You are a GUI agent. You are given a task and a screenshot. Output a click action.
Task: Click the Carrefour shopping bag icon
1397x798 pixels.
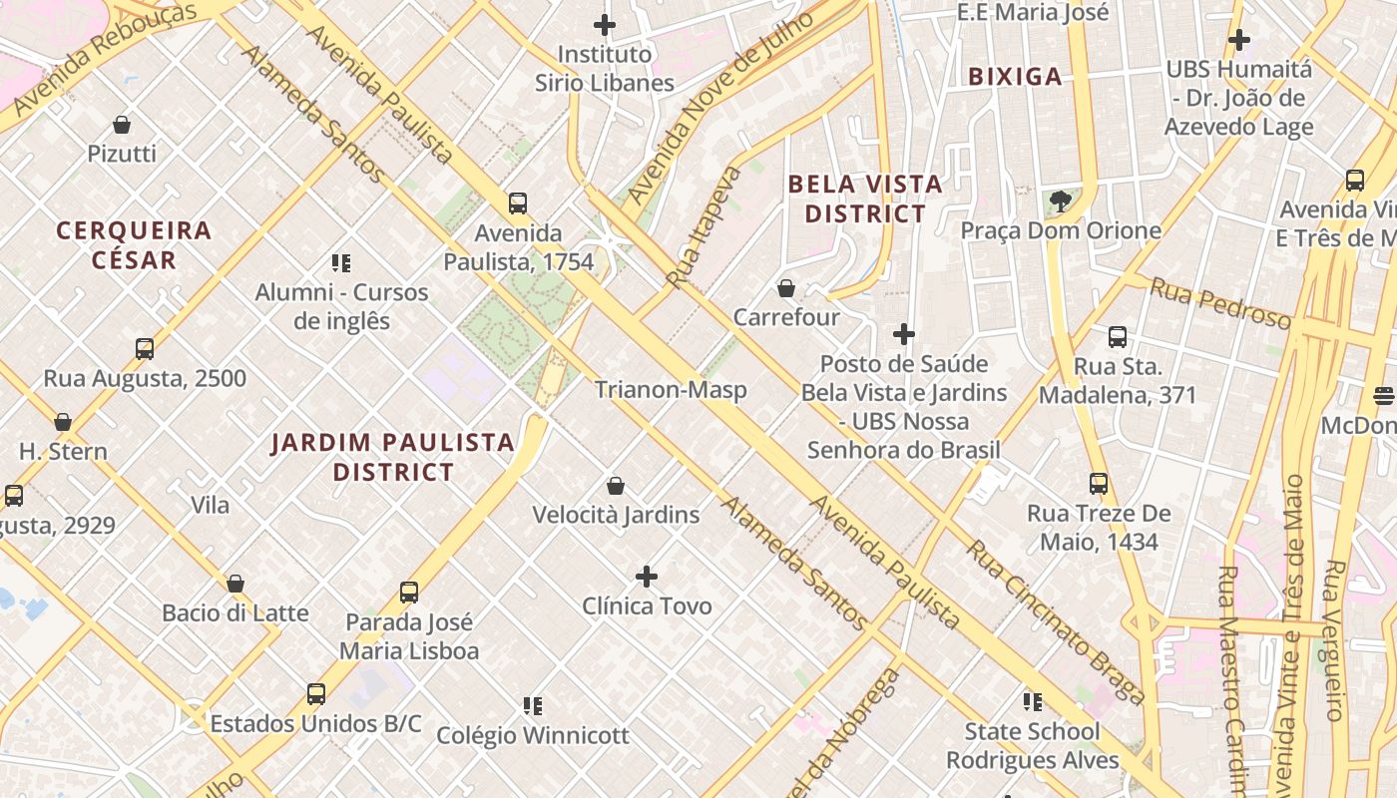coord(786,288)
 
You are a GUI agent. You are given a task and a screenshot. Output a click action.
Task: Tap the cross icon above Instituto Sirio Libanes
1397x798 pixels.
coord(605,25)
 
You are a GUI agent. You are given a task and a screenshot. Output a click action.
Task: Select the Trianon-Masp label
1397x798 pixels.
coord(671,389)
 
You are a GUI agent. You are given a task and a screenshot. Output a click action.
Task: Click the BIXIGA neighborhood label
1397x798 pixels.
coord(1015,77)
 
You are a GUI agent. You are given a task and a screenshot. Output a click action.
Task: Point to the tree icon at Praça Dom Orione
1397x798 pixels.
coord(1061,202)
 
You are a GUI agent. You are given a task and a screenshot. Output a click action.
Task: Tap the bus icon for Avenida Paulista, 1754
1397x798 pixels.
coord(518,203)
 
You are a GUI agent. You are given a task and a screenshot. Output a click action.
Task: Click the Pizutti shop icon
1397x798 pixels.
coord(122,125)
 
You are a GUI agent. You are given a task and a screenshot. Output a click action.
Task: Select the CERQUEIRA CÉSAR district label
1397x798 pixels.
coord(134,245)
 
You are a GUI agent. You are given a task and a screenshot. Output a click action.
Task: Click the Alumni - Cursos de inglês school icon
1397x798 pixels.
coord(341,263)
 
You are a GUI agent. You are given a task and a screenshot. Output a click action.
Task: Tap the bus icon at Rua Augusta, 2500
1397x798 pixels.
coord(145,349)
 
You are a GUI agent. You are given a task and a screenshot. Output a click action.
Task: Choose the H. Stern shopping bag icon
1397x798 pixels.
coord(63,422)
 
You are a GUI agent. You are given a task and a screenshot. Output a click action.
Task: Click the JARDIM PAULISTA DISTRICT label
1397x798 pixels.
coord(393,457)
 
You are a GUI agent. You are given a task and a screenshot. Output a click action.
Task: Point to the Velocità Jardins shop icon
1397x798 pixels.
coord(616,486)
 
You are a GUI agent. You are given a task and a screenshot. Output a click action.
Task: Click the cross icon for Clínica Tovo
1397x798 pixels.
coord(647,577)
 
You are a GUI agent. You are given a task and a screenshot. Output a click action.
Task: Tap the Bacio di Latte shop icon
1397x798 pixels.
coord(235,584)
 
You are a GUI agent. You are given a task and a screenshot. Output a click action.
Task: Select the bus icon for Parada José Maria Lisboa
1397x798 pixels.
coord(409,593)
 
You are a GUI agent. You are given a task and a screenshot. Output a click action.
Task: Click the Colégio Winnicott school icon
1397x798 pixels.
coord(533,706)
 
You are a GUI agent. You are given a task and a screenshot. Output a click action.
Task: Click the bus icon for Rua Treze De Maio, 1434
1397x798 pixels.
coord(1099,484)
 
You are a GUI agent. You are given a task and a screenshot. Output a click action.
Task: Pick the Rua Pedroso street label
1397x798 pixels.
coord(1219,303)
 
